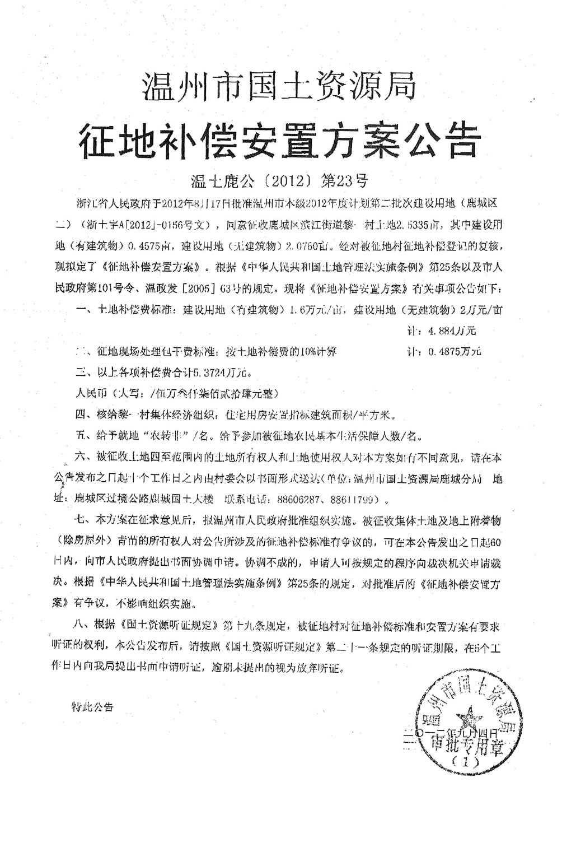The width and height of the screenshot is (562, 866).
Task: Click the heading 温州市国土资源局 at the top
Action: [280, 88]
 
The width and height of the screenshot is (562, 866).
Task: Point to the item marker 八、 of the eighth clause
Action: [82, 625]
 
